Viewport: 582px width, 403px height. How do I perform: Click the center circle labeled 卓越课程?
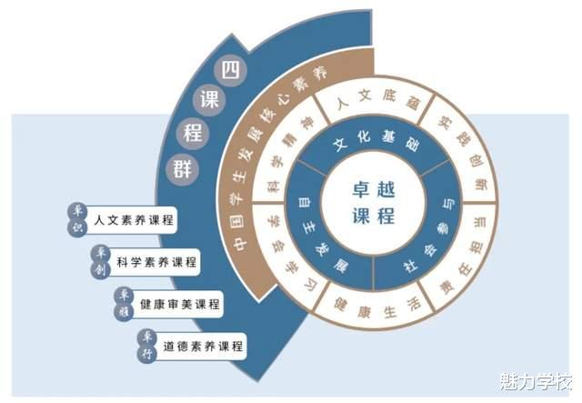pos(373,201)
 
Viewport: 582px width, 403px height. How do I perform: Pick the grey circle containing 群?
pos(181,167)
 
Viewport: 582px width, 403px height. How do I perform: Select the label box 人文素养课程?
pos(133,220)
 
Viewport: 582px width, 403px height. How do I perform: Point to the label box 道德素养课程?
pos(204,346)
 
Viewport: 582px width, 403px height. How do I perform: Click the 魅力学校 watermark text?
pos(534,380)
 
